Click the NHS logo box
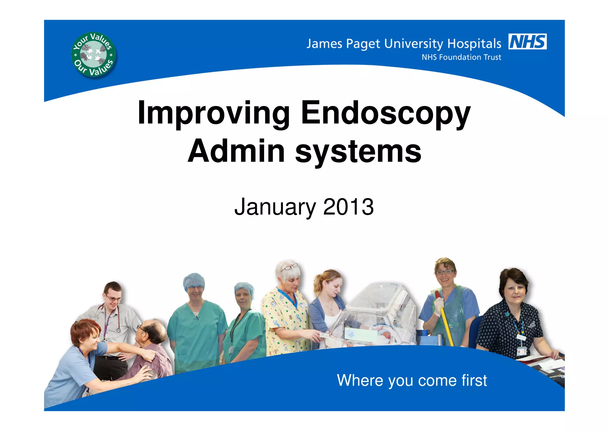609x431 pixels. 528,41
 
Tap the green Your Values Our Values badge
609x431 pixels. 93,55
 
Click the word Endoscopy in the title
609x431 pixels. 386,113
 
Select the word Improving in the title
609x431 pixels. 214,113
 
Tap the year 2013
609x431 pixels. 348,207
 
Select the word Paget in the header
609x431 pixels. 363,44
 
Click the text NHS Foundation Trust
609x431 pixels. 461,57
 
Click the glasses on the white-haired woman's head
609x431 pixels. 289,266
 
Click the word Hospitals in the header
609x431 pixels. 474,44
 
